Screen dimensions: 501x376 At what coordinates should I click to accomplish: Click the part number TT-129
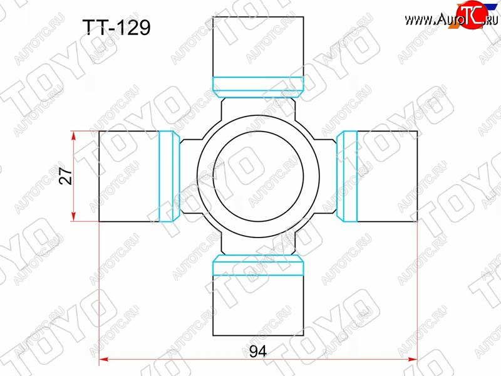pos(116,28)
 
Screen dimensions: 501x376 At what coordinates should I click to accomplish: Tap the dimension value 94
pos(258,352)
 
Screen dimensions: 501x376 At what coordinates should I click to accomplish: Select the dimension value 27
pos(66,176)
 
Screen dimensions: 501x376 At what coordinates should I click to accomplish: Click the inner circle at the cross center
pos(258,176)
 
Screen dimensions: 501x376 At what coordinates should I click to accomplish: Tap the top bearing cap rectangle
pos(258,46)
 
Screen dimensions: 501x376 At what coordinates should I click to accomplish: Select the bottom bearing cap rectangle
pos(258,305)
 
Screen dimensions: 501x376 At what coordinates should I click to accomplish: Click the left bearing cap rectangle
pos(129,176)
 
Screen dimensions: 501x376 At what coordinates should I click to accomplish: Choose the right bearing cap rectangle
pos(387,176)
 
